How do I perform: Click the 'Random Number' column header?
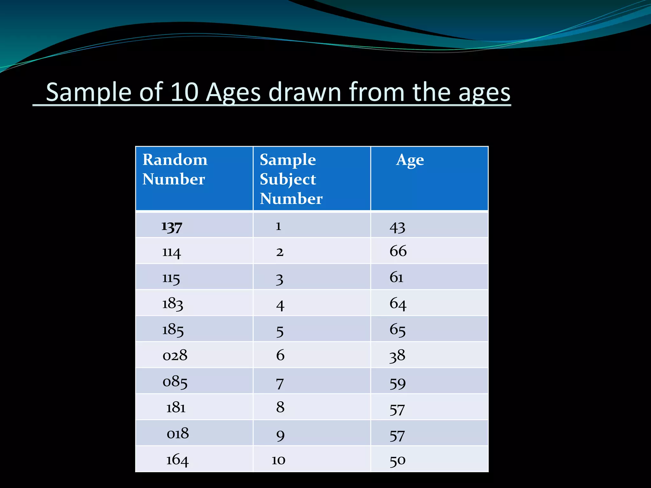click(x=175, y=169)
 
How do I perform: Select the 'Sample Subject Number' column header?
click(x=291, y=179)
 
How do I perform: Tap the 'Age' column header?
click(x=410, y=160)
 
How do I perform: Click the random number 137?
click(x=172, y=227)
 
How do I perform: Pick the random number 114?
click(x=172, y=252)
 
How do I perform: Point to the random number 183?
click(x=173, y=304)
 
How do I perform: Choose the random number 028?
click(x=175, y=355)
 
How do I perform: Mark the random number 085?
click(x=175, y=382)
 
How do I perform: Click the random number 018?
click(x=178, y=433)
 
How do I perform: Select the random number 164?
click(x=177, y=460)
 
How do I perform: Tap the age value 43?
click(x=397, y=227)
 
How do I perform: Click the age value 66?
click(x=398, y=251)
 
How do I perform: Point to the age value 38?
click(x=397, y=356)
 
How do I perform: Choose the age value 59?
click(x=398, y=383)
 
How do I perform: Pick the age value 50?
click(x=398, y=460)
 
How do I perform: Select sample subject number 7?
click(x=280, y=384)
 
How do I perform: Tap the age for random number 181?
click(x=397, y=410)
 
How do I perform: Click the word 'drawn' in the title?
click(x=305, y=92)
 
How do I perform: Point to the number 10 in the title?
click(x=184, y=92)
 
